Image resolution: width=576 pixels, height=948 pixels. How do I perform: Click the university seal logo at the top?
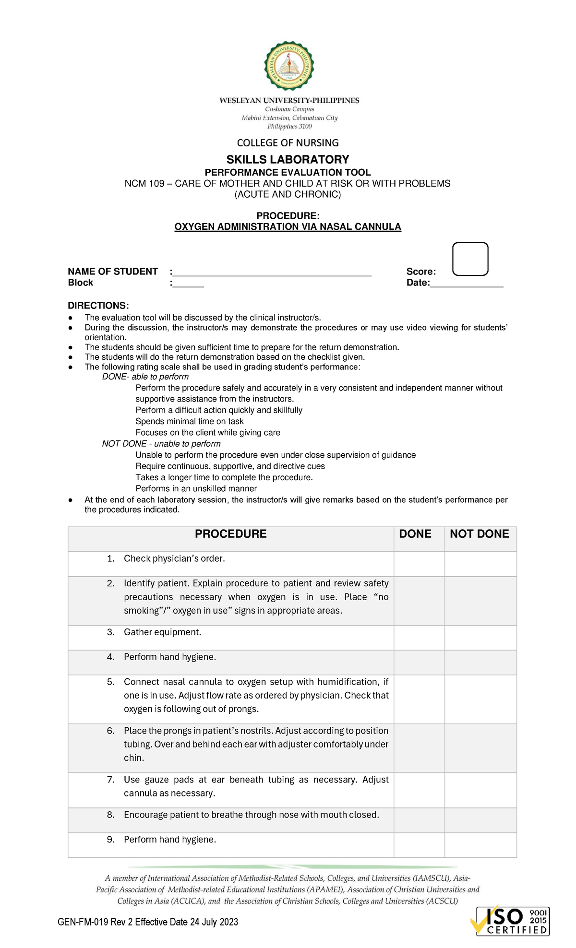[288, 66]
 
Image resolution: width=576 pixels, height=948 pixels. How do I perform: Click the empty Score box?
[470, 259]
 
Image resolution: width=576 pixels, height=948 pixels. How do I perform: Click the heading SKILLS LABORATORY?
[288, 159]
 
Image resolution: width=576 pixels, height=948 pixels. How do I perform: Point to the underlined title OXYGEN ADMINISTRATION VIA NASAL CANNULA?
[288, 226]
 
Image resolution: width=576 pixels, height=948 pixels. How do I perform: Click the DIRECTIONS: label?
[98, 306]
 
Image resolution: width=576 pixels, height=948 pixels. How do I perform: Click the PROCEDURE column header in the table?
[230, 534]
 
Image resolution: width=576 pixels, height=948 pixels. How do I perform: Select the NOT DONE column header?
[479, 534]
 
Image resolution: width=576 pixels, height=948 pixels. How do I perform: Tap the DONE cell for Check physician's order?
[419, 564]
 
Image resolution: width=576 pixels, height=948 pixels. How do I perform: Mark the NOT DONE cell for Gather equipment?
[480, 638]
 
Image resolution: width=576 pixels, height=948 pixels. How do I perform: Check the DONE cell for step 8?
[419, 820]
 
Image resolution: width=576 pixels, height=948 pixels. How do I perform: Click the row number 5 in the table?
[111, 682]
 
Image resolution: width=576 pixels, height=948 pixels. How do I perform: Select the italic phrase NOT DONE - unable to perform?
[161, 444]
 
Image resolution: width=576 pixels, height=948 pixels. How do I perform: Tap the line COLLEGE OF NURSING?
[288, 143]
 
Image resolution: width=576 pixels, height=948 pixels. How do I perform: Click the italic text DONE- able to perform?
[145, 377]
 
